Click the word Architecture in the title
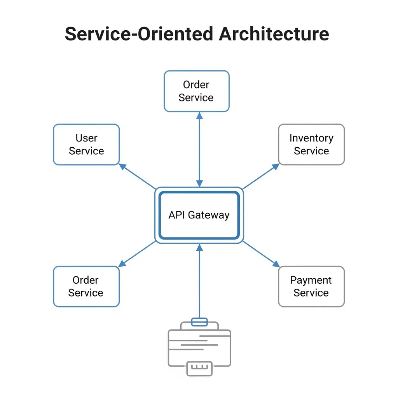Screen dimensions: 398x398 (274, 34)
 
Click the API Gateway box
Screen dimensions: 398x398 (199, 215)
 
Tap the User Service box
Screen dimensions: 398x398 (86, 145)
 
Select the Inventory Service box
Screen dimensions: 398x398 (311, 145)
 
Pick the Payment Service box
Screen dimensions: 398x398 (311, 286)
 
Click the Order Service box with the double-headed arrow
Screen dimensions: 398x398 (196, 91)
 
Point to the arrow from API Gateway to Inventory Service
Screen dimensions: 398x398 (260, 176)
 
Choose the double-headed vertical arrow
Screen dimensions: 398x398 (199, 150)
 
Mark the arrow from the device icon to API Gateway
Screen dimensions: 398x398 (199, 280)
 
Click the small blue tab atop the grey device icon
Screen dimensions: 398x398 (199, 322)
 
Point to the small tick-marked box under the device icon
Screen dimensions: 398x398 (199, 368)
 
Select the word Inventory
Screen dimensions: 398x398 (311, 138)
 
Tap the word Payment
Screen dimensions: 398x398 (311, 280)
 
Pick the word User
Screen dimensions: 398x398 (86, 138)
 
